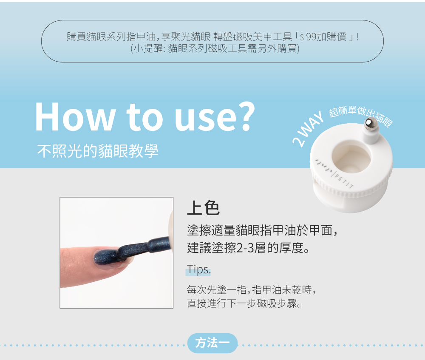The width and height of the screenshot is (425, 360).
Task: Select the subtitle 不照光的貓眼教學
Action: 98,151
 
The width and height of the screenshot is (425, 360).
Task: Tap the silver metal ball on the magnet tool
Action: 369,123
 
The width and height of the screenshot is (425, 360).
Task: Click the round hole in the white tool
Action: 351,157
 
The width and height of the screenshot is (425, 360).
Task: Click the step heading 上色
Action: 203,208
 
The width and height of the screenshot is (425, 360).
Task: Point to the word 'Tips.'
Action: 198,269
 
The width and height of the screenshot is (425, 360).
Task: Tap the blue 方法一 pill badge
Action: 212,343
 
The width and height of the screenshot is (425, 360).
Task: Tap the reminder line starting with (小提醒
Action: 215,48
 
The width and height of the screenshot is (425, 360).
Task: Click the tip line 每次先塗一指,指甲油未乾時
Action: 251,290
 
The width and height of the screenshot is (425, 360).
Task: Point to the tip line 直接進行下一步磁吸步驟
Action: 244,303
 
